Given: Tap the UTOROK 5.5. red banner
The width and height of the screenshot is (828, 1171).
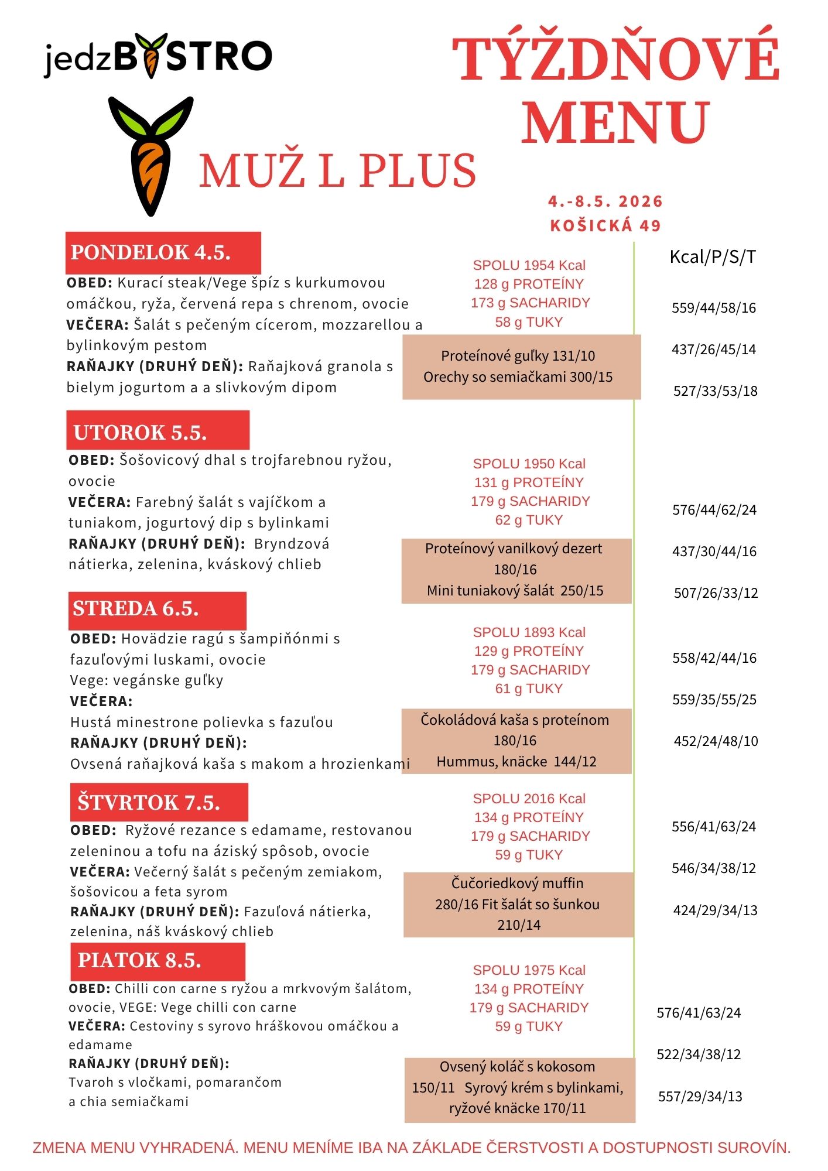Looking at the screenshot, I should click(x=158, y=432).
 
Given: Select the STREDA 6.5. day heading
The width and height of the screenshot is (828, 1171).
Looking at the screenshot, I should click(x=157, y=609).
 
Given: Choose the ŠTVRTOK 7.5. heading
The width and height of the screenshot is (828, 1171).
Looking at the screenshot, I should click(x=159, y=802).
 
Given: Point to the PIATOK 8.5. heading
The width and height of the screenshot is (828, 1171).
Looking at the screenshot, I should click(x=157, y=961).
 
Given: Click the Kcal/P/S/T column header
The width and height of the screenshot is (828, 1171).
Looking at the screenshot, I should click(x=713, y=256).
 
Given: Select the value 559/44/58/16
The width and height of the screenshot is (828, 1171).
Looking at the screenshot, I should click(x=714, y=308).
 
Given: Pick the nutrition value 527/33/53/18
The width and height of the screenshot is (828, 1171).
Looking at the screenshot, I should click(x=715, y=391).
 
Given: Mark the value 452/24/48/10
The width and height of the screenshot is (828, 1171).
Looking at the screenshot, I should click(x=716, y=741).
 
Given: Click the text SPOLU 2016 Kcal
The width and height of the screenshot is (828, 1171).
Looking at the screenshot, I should click(x=529, y=799).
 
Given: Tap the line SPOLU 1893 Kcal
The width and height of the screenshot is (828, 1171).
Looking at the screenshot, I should click(x=529, y=632).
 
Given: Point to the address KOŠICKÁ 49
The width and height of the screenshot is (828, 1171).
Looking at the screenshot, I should click(x=605, y=225).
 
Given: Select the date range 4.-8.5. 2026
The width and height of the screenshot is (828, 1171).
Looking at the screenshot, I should click(x=605, y=201).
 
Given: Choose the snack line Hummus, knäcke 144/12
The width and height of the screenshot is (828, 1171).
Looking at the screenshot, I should click(x=516, y=762).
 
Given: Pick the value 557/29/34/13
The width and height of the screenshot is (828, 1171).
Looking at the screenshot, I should click(x=700, y=1097).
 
